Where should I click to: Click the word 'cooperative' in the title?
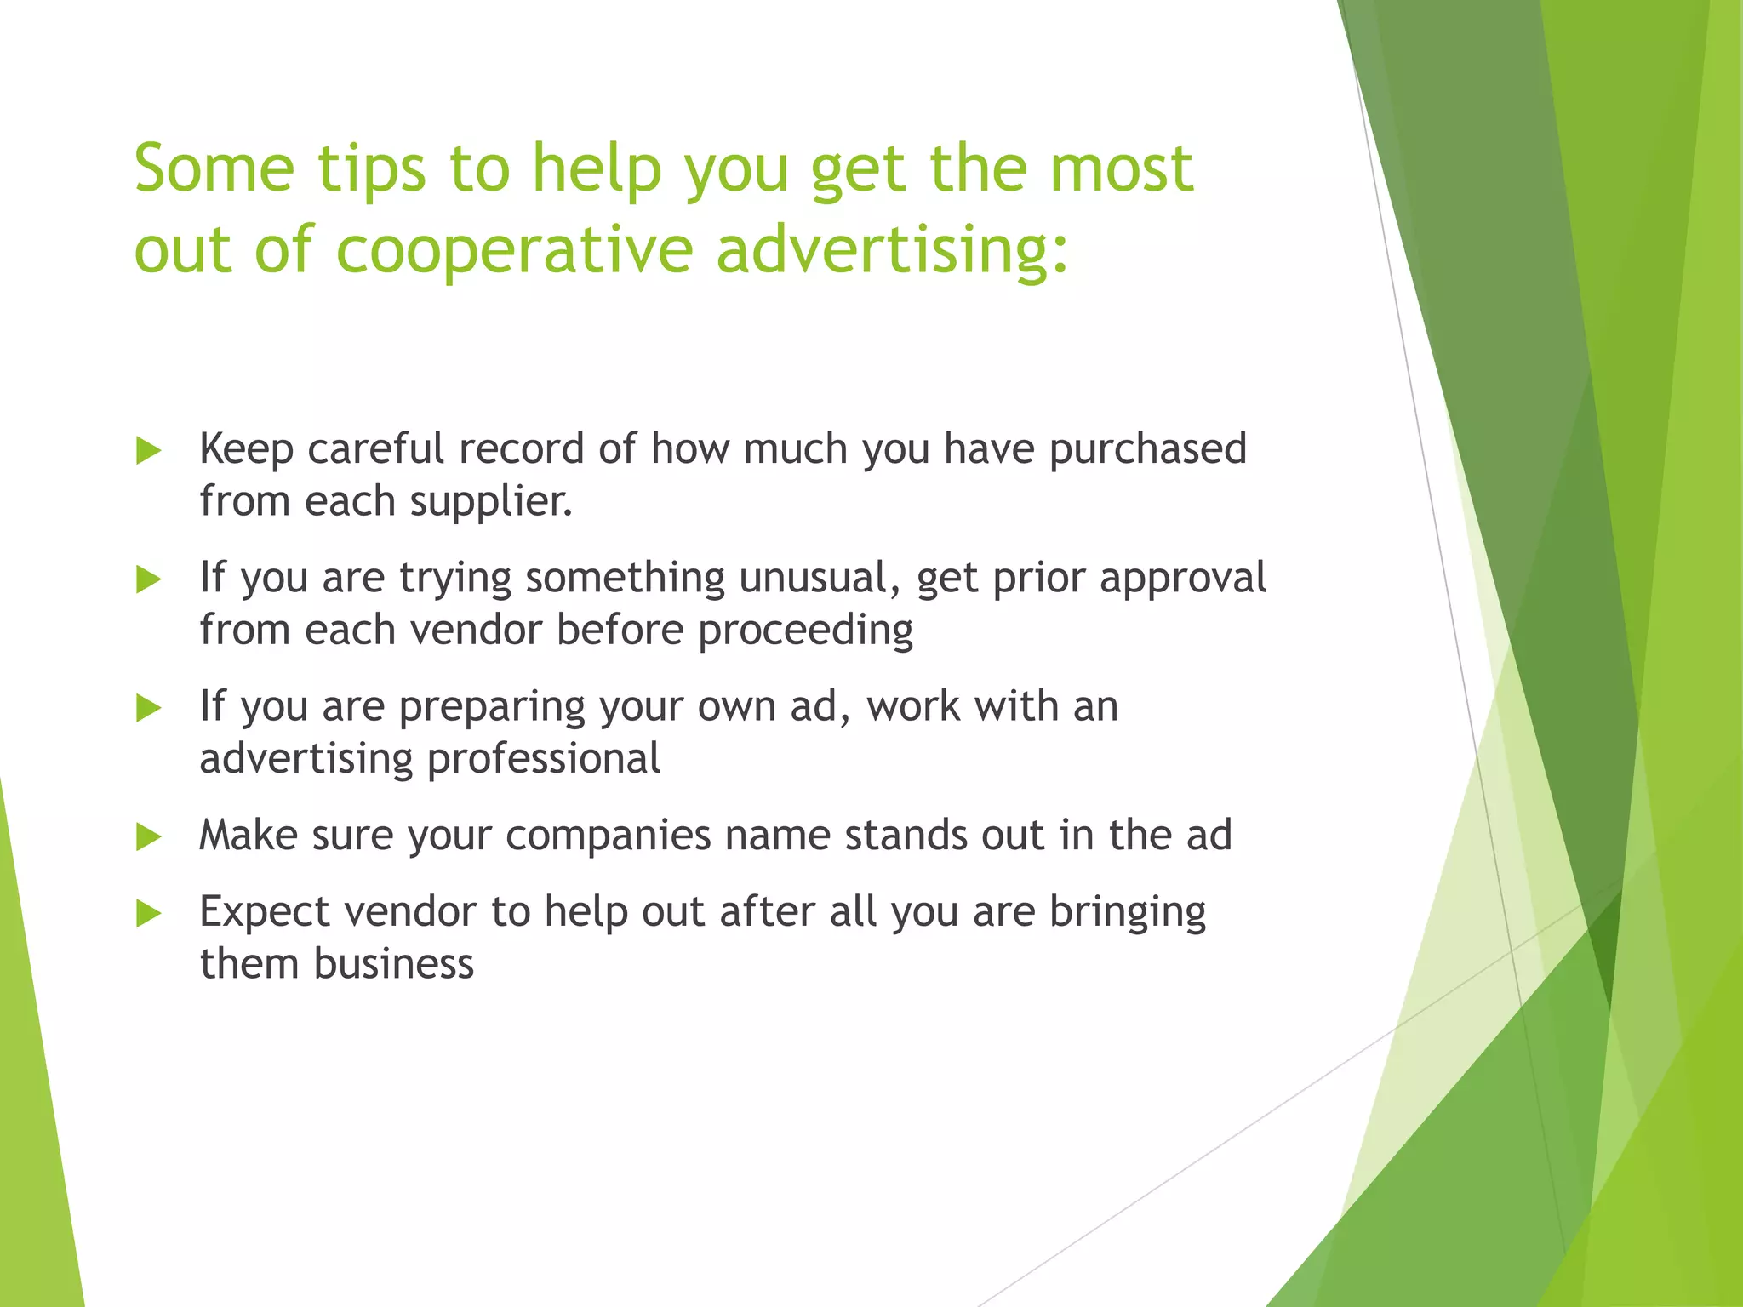pos(515,250)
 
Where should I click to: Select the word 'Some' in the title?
pos(214,168)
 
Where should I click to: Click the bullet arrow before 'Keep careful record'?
pos(149,451)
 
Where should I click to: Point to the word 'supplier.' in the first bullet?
pos(491,501)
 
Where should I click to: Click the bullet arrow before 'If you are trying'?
pos(149,580)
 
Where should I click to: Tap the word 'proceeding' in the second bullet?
pos(805,631)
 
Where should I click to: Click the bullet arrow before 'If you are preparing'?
pos(149,708)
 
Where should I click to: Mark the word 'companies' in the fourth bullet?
pos(608,835)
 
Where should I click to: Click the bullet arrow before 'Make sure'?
pos(149,837)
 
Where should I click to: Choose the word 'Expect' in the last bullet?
pos(265,912)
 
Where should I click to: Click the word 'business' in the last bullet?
pos(393,964)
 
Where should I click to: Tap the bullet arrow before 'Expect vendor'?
pos(149,914)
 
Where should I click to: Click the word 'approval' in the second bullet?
pos(1182,578)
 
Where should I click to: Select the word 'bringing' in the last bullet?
pos(1127,912)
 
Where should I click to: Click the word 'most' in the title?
pos(1121,168)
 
